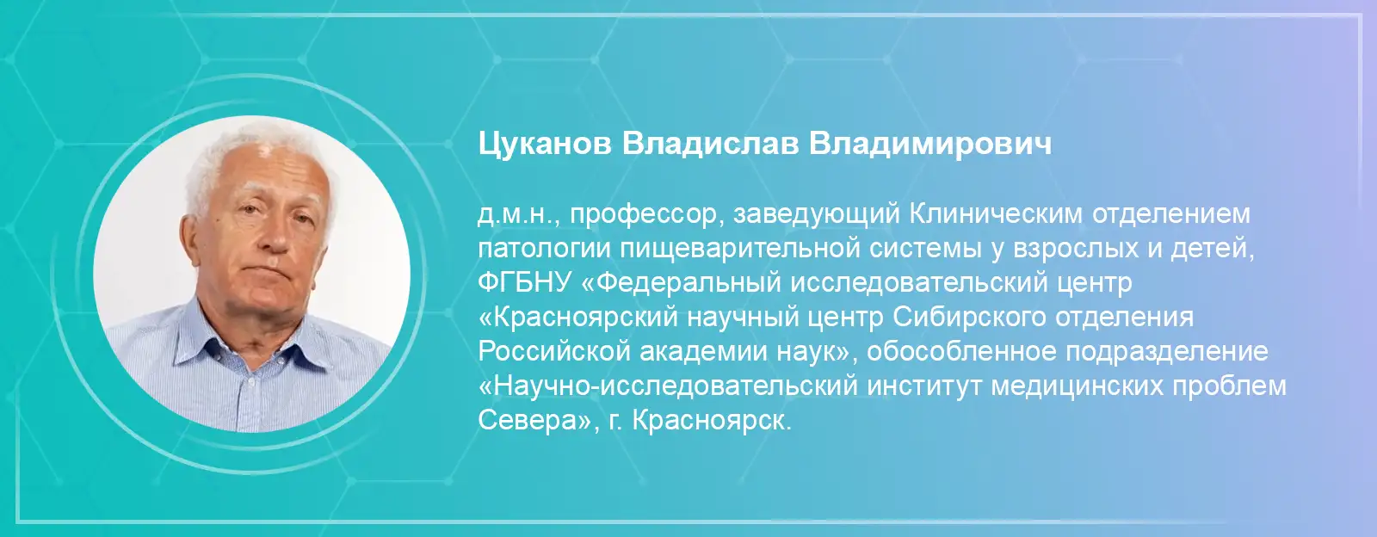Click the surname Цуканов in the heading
[545, 145]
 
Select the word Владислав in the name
[710, 143]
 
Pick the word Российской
[552, 351]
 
